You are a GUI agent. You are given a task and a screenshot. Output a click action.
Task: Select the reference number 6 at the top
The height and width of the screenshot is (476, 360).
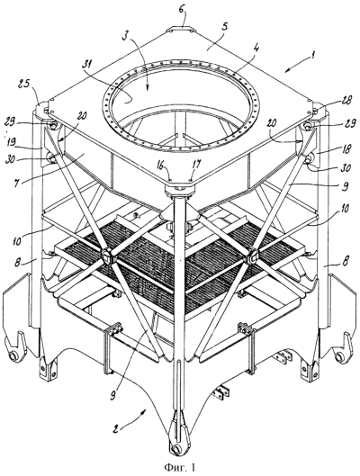coord(181,13)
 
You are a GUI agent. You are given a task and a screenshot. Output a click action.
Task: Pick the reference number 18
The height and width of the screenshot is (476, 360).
coord(345,148)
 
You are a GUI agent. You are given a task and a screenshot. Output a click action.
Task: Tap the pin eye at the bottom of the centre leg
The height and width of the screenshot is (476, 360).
coord(175,449)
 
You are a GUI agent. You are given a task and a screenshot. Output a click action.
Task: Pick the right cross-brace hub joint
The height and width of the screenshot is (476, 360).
coord(253,257)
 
